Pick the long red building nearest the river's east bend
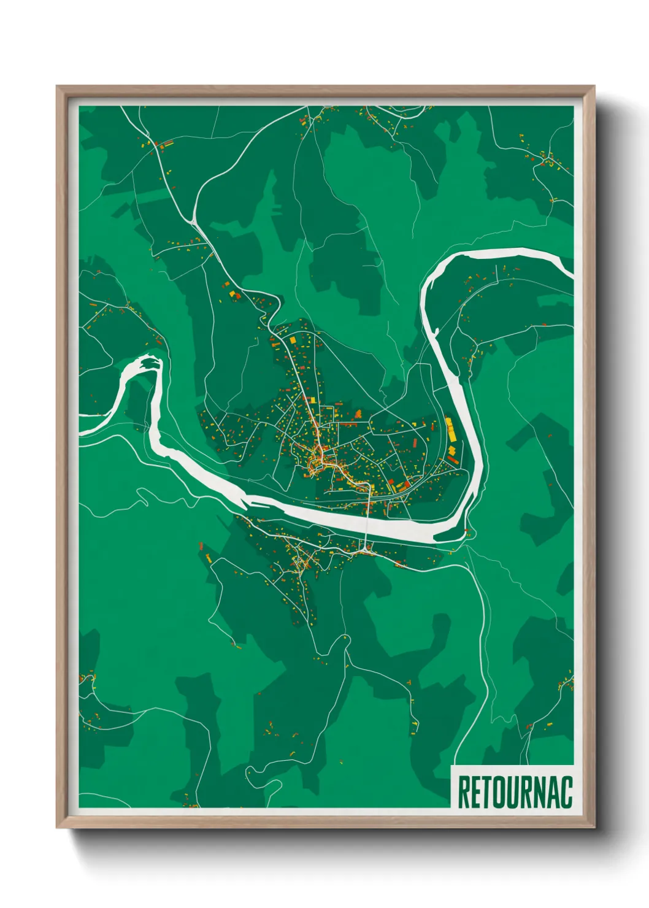[453, 460]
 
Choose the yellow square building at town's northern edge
[293, 339]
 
